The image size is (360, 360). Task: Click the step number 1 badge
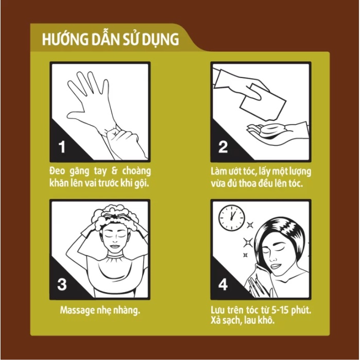[x=62, y=147]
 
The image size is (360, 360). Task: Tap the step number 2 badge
[x=222, y=146]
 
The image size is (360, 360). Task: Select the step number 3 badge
[x=62, y=284]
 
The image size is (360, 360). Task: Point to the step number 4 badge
[x=223, y=284]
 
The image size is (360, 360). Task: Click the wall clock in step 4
[x=232, y=217]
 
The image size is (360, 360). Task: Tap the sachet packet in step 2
[x=263, y=102]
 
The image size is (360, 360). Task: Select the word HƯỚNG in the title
[x=65, y=39]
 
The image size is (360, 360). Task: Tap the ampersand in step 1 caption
[x=115, y=171]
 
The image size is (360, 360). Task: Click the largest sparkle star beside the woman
[x=248, y=243]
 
